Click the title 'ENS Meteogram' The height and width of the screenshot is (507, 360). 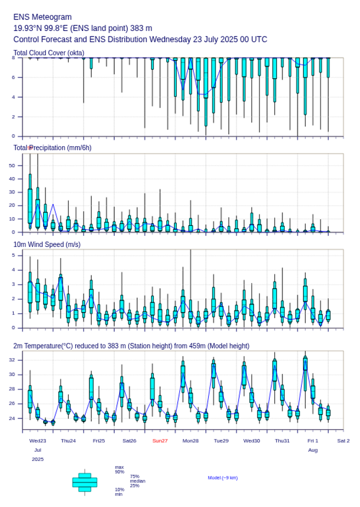(x=43, y=17)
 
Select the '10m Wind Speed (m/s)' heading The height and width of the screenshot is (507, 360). (x=47, y=245)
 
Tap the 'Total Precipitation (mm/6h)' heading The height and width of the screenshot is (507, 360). (x=53, y=148)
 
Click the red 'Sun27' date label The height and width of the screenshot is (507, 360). (x=160, y=441)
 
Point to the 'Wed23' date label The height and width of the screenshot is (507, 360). (x=38, y=441)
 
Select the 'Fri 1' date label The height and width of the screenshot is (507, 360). (x=313, y=441)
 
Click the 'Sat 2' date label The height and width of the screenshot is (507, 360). (x=343, y=441)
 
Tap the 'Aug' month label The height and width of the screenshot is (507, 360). (x=313, y=450)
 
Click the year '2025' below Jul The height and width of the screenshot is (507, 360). (x=38, y=459)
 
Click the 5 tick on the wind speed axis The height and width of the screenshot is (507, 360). (x=13, y=255)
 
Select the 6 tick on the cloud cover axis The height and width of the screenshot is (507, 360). (x=13, y=77)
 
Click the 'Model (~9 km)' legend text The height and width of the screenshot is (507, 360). (x=223, y=478)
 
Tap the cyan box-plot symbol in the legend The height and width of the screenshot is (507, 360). (x=85, y=482)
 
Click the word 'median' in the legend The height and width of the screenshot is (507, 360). (x=137, y=481)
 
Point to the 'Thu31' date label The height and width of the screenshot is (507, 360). (x=282, y=441)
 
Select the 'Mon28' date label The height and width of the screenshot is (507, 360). (x=191, y=441)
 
